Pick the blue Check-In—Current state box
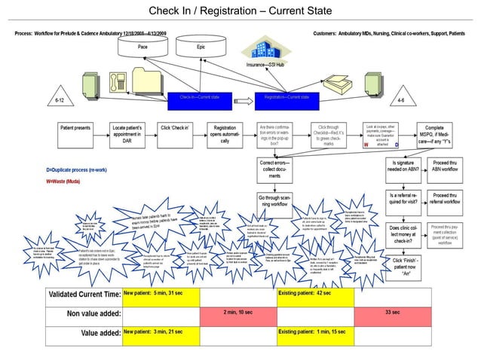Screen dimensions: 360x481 pos(199,98)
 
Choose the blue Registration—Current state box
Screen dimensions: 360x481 pos(283,98)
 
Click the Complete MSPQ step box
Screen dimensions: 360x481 pos(428,133)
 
